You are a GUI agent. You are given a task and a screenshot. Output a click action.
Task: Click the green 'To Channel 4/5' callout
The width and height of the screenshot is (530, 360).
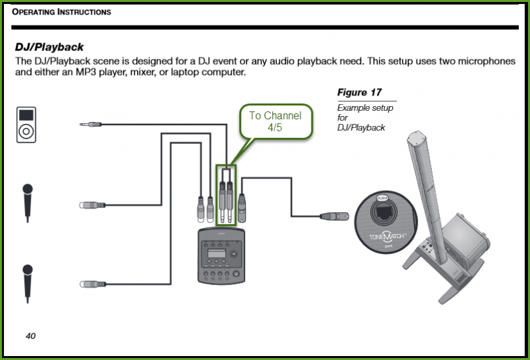(x=275, y=121)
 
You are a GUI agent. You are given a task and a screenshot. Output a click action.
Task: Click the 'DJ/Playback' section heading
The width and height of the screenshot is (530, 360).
(x=49, y=48)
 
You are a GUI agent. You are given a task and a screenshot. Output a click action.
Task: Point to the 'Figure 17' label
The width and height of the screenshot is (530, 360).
(x=359, y=92)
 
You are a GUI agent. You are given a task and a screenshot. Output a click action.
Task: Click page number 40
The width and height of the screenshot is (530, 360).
(x=30, y=335)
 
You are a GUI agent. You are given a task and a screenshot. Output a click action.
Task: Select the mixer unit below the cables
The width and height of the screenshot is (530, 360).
(x=222, y=256)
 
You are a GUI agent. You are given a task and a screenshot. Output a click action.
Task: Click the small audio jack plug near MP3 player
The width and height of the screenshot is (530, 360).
(x=90, y=124)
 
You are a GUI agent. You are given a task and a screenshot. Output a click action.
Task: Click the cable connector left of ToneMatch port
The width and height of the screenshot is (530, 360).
(x=331, y=215)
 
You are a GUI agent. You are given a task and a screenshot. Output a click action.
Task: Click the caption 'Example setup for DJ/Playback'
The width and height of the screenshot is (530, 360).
(x=365, y=117)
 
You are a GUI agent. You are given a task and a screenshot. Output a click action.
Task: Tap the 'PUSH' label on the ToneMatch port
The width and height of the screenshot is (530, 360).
(x=381, y=198)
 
